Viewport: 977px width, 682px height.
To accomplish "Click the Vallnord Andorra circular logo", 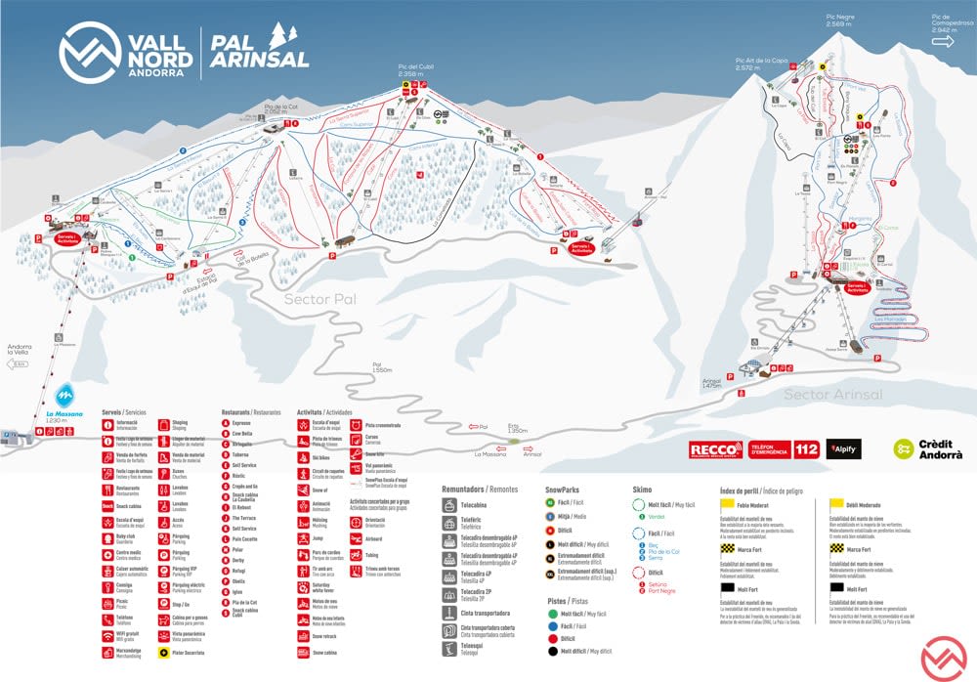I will coord(87,50).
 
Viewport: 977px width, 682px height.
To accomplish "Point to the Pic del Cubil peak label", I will coord(416,69).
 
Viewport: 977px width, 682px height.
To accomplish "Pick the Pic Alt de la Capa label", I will coord(761,64).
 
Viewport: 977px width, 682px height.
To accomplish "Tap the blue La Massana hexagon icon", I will coord(64,396).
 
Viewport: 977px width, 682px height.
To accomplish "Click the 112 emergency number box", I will coord(806,449).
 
